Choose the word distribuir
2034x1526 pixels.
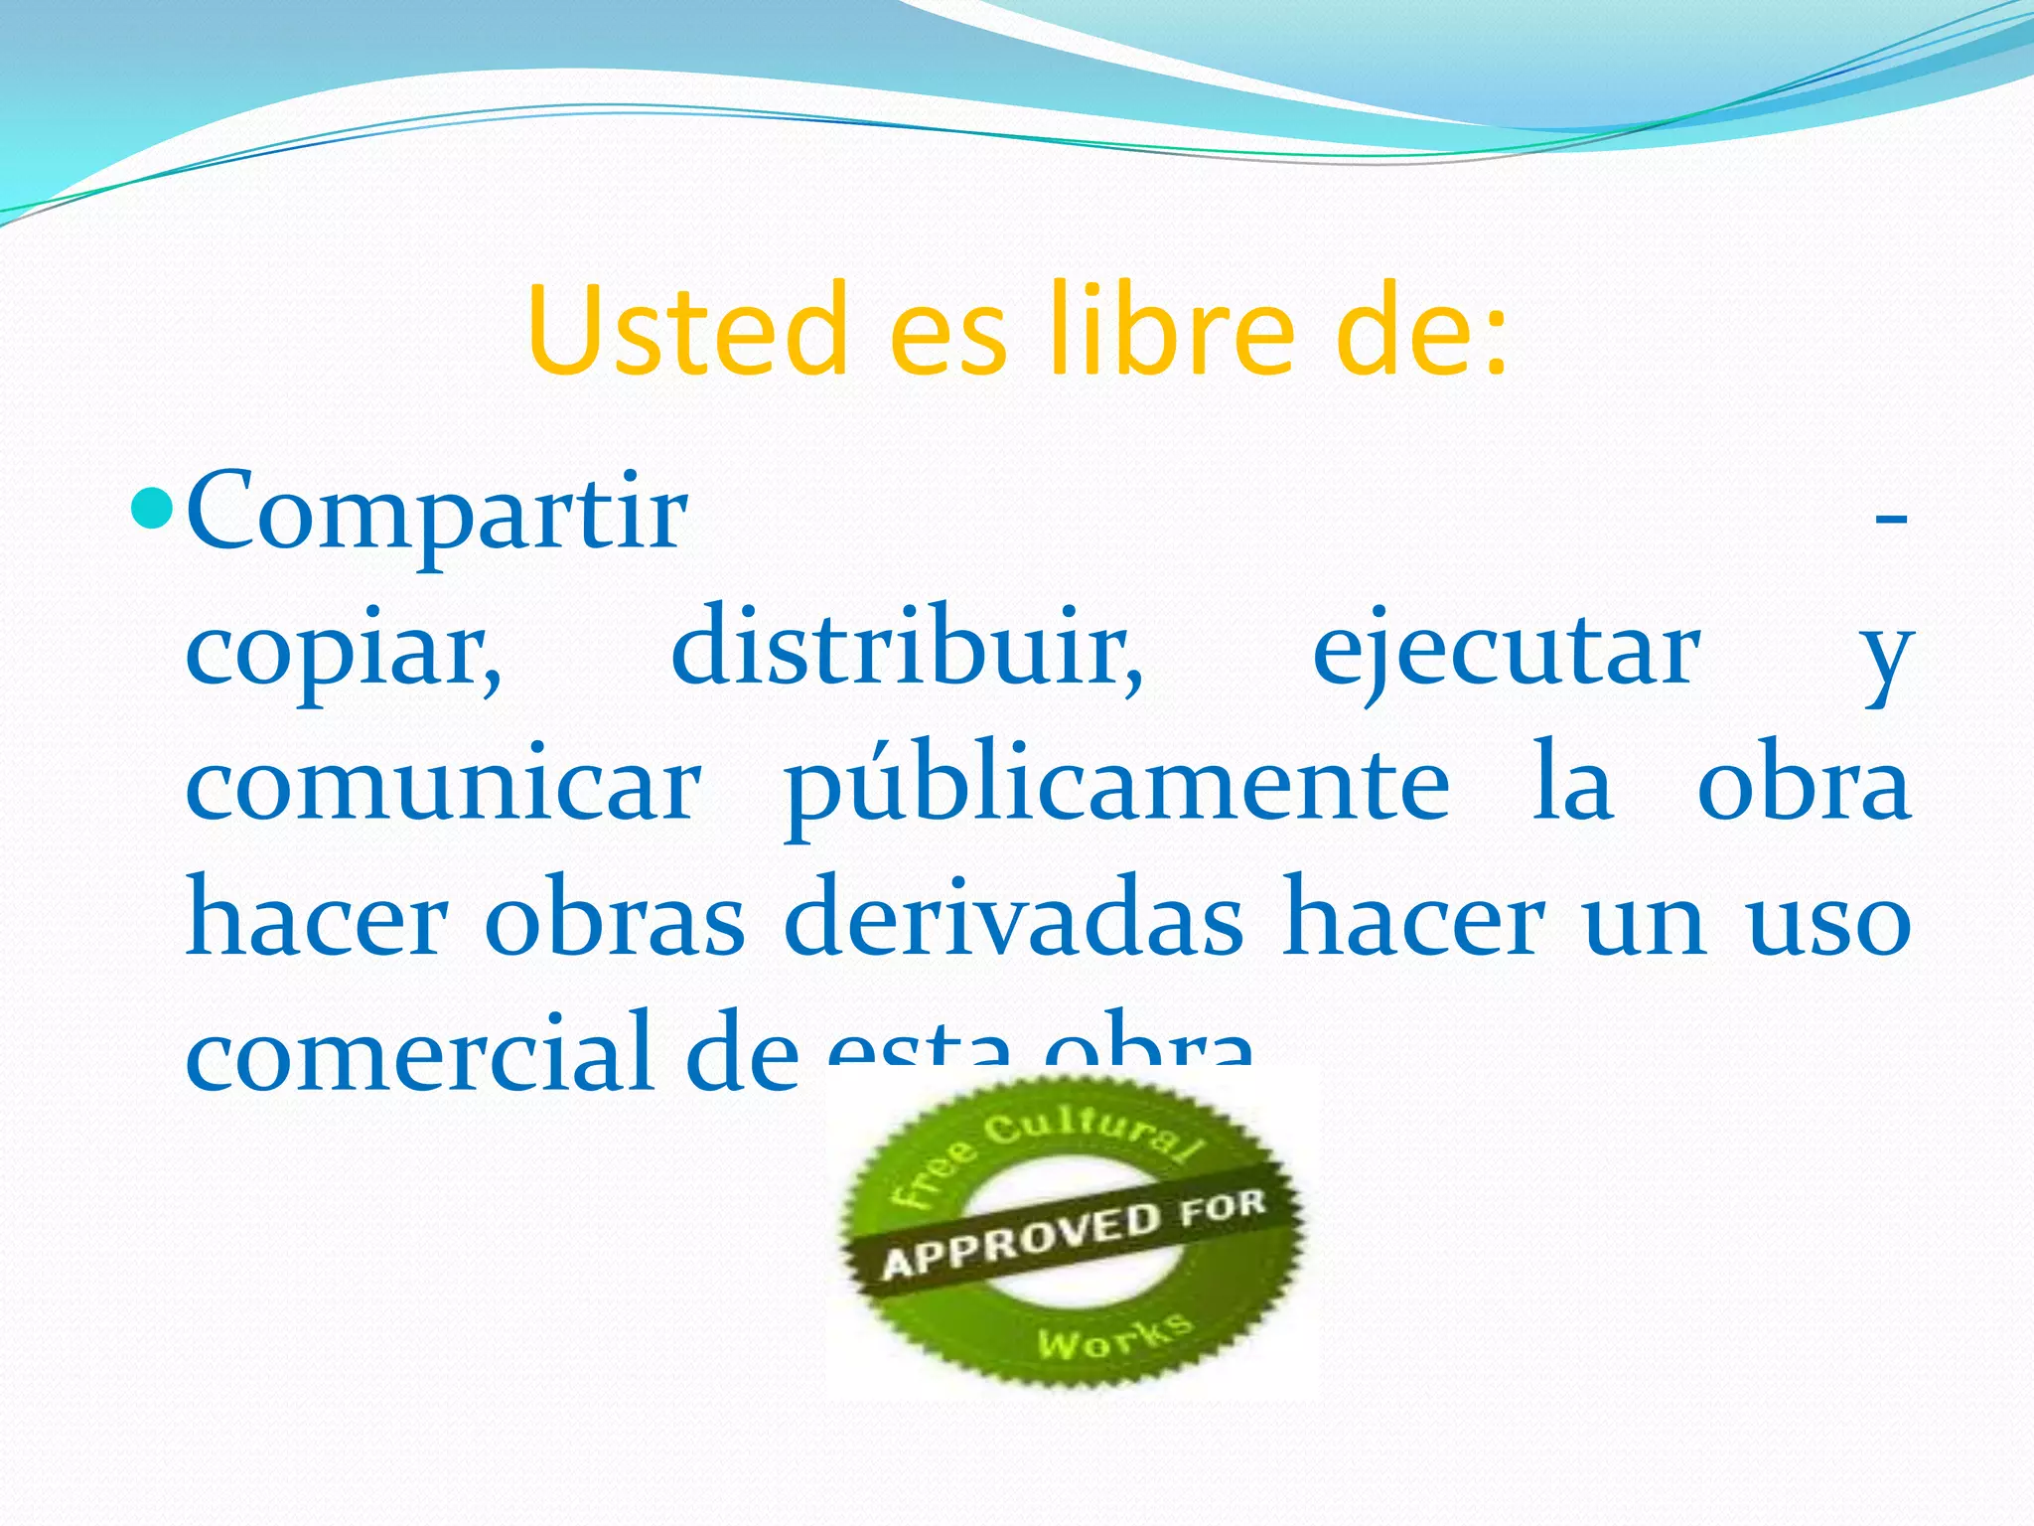point(907,651)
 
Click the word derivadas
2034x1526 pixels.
point(1013,919)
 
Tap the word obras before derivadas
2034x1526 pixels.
point(615,919)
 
